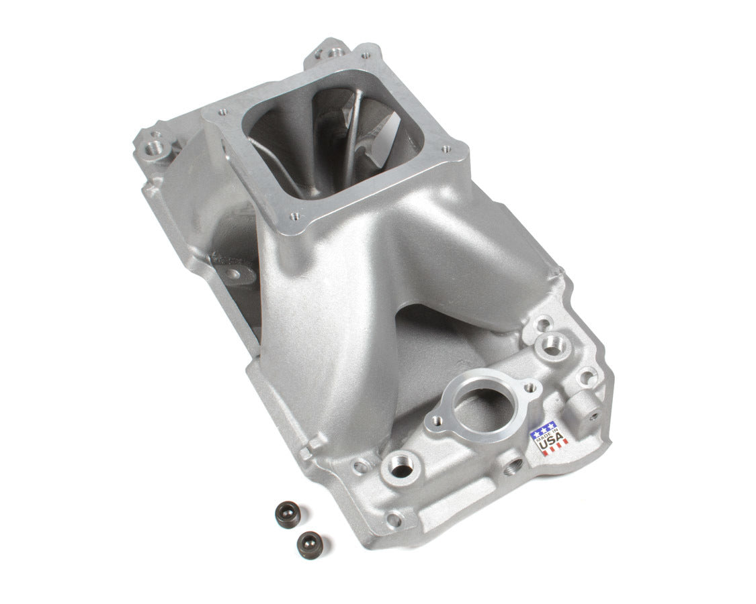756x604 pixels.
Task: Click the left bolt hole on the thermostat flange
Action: (437, 421)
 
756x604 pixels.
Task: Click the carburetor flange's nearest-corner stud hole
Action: (294, 217)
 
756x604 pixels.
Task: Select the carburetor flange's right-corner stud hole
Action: (444, 151)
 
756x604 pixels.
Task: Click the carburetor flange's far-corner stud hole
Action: (366, 56)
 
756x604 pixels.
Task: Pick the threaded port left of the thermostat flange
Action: (401, 468)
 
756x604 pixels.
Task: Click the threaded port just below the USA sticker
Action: (513, 462)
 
